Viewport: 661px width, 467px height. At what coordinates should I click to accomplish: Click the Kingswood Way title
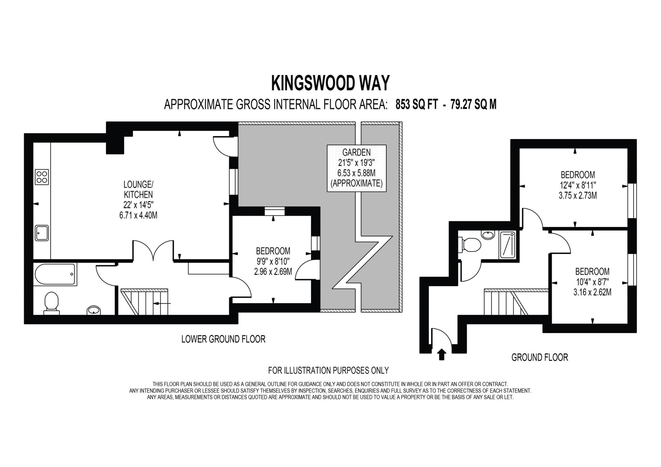pyautogui.click(x=330, y=83)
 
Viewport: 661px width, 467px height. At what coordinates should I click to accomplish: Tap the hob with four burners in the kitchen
pyautogui.click(x=42, y=177)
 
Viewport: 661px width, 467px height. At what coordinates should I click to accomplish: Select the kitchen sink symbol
pyautogui.click(x=42, y=233)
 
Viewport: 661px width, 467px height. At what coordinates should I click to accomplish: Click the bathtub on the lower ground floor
pyautogui.click(x=55, y=275)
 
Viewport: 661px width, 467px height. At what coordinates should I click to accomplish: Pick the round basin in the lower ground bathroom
pyautogui.click(x=94, y=310)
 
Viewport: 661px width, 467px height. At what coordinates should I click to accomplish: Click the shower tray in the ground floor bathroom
pyautogui.click(x=508, y=244)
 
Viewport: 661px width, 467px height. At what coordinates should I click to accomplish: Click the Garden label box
pyautogui.click(x=356, y=168)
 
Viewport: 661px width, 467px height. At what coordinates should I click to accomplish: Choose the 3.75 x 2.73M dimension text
pyautogui.click(x=578, y=195)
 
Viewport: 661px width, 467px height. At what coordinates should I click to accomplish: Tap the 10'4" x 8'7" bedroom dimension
pyautogui.click(x=592, y=282)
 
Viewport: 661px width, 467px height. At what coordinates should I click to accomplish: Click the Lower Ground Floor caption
pyautogui.click(x=223, y=339)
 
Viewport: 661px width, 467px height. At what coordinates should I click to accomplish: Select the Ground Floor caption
pyautogui.click(x=540, y=357)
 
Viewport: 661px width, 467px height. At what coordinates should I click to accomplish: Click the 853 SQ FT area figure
pyautogui.click(x=417, y=104)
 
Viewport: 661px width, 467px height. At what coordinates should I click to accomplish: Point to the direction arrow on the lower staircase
pyautogui.click(x=162, y=303)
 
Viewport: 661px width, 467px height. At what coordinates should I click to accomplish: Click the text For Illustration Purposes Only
pyautogui.click(x=328, y=370)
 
